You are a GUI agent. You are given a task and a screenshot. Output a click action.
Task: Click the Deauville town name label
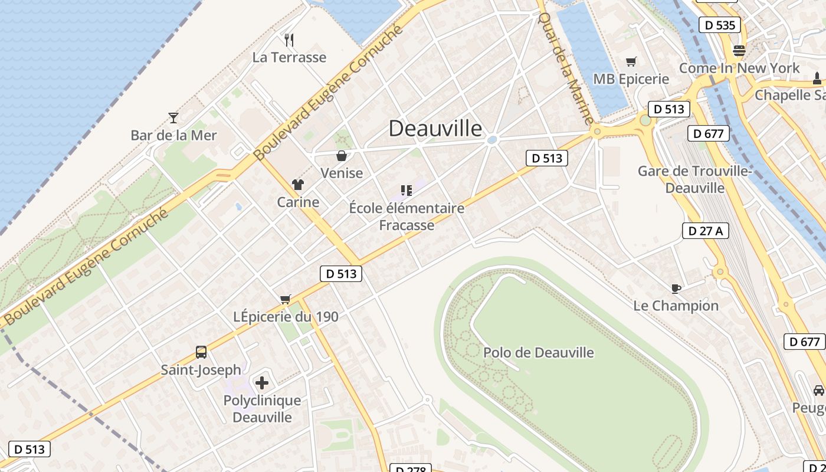coord(435,128)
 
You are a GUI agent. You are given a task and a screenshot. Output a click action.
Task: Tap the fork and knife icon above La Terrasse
coord(289,40)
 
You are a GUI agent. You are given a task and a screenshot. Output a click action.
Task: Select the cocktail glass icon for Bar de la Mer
coord(173,118)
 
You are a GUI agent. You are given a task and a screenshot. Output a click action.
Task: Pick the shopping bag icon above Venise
coord(341,156)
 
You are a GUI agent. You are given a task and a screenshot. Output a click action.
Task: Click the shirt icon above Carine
coord(298,185)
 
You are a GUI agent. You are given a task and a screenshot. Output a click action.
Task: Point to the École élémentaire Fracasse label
coord(407,217)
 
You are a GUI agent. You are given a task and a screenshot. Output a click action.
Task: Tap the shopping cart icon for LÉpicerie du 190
coord(286,299)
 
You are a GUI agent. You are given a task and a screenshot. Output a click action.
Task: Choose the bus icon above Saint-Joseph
coord(201,352)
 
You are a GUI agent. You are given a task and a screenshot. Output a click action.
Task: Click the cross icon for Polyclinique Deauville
coord(262,383)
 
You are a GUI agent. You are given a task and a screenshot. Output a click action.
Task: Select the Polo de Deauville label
coord(538,353)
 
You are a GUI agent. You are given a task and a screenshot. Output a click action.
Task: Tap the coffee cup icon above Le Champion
coord(676,289)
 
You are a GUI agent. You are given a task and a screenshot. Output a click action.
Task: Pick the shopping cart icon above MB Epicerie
coord(631,61)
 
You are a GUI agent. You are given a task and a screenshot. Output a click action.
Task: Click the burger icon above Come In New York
coord(739,51)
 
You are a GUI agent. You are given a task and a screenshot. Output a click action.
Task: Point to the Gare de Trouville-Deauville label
coord(695,179)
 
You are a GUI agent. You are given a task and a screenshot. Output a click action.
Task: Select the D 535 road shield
coord(719,25)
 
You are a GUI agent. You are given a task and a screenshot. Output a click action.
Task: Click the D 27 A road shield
coord(705,231)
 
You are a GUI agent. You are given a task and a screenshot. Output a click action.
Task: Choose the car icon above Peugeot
coord(819,390)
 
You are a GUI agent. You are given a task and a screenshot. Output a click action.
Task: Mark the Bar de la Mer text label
coord(173,135)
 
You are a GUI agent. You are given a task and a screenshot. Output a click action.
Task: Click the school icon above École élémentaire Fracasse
coord(406,190)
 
